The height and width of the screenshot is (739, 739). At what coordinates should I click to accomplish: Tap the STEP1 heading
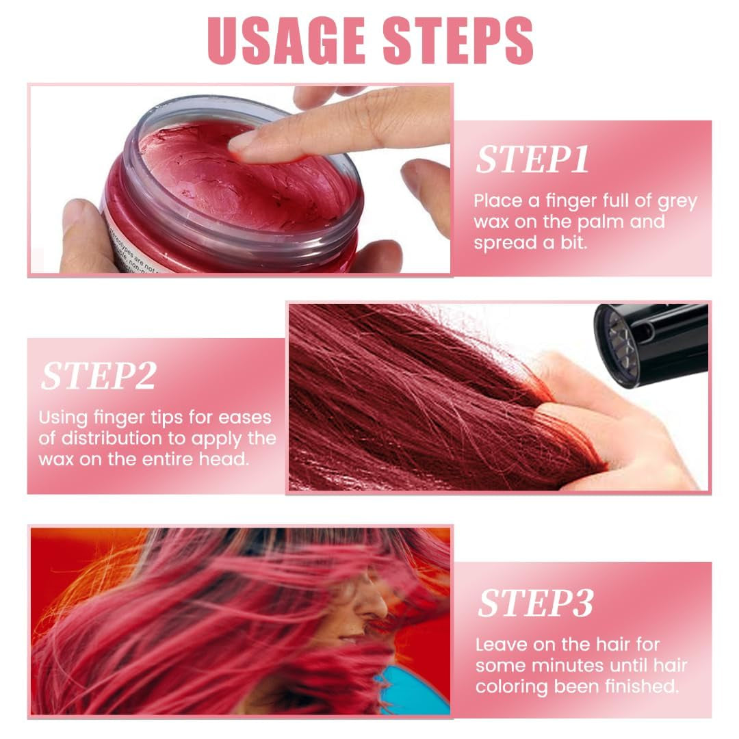pyautogui.click(x=532, y=159)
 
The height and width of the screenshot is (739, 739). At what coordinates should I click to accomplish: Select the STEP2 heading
pyautogui.click(x=99, y=376)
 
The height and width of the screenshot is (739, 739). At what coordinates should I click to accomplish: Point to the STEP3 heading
pyautogui.click(x=535, y=603)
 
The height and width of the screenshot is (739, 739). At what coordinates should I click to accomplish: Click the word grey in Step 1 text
pyautogui.click(x=675, y=201)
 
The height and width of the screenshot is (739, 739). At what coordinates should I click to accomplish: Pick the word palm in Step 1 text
pyautogui.click(x=600, y=222)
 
